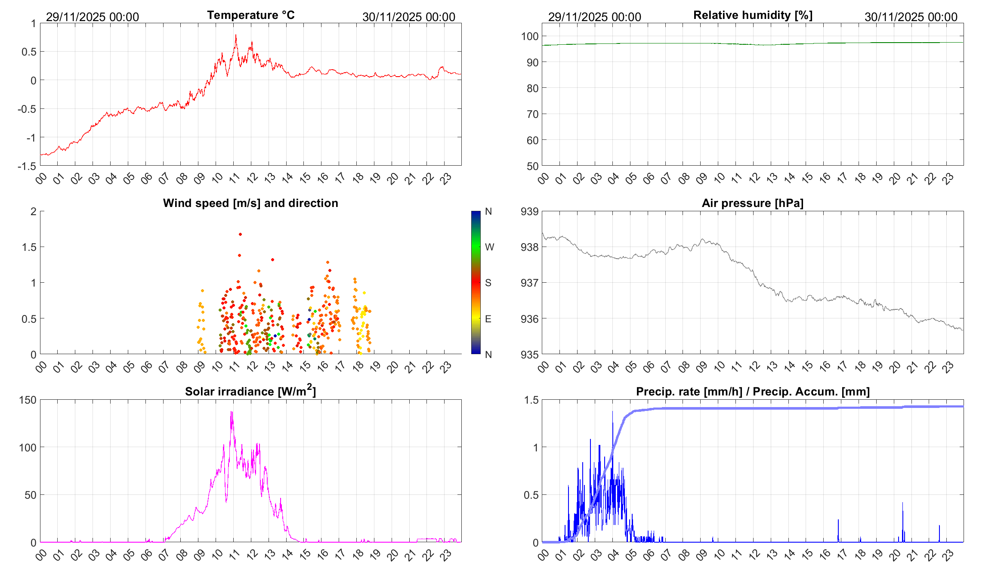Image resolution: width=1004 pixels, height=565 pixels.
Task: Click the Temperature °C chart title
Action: tap(250, 15)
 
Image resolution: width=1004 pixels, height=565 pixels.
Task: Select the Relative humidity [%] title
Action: tap(753, 15)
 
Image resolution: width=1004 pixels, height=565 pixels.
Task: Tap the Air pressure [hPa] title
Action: tap(752, 203)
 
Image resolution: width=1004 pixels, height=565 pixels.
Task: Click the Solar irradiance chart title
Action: tap(250, 391)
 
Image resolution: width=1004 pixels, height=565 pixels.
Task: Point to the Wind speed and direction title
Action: tap(250, 203)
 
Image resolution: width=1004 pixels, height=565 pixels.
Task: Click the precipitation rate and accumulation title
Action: tap(753, 392)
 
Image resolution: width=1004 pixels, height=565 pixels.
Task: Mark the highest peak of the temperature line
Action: tap(236, 35)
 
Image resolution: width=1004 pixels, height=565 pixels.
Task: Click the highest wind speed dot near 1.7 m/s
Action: tap(240, 234)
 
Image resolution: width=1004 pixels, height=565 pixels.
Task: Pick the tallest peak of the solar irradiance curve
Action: tap(232, 412)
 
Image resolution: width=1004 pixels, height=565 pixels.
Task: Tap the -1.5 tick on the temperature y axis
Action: tap(27, 166)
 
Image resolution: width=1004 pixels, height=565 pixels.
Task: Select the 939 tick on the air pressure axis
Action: tap(529, 211)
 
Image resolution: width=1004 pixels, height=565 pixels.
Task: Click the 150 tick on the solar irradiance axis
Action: tap(28, 400)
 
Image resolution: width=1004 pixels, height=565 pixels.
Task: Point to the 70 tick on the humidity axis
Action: tap(532, 114)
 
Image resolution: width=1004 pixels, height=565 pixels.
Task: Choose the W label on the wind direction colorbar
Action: tap(489, 247)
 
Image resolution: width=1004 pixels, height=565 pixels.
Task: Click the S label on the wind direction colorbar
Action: tap(488, 283)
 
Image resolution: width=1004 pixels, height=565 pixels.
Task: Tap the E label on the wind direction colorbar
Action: tap(488, 319)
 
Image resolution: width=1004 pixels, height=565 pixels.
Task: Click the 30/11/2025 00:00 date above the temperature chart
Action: tap(408, 17)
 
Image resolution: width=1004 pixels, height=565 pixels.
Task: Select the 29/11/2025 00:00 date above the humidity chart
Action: tap(594, 17)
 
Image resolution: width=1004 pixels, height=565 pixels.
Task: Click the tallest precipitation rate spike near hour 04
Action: tap(613, 412)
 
